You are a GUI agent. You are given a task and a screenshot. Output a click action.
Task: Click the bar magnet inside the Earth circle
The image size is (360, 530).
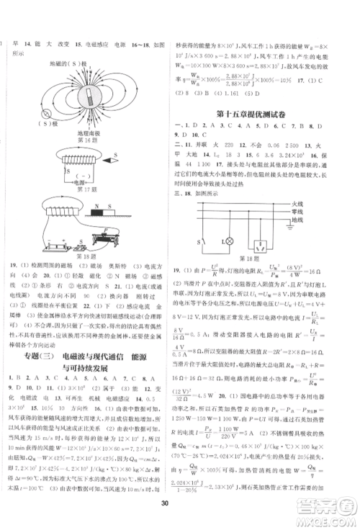[x=90, y=96]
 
